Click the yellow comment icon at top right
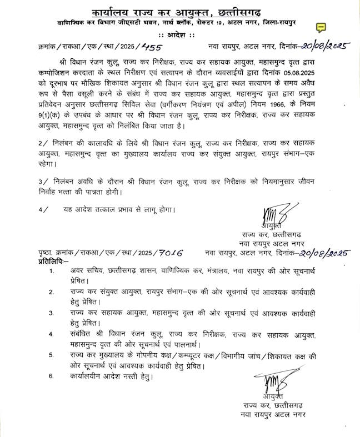(321, 27)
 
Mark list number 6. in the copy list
(52, 376)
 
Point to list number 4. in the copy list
(52, 334)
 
